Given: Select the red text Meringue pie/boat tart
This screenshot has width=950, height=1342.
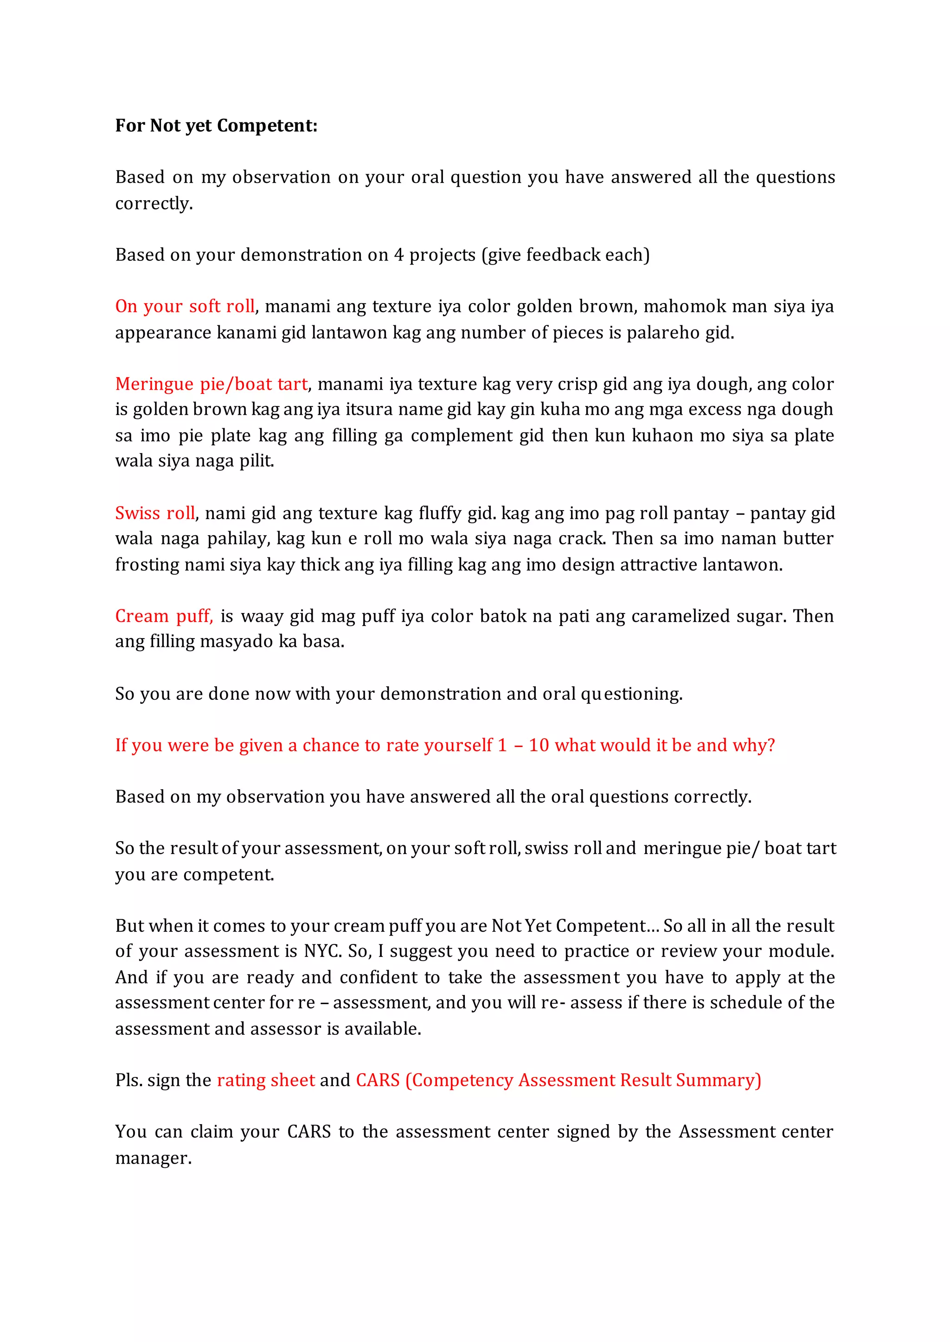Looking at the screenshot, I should click(x=211, y=384).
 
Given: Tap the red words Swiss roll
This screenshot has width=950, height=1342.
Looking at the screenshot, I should click(x=154, y=513).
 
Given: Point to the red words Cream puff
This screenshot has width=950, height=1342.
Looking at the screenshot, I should click(x=163, y=616).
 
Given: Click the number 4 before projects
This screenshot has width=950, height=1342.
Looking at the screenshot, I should click(x=398, y=255).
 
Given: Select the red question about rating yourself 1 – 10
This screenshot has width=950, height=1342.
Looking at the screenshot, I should click(x=444, y=745).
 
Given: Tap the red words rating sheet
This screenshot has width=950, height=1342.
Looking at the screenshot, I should click(x=266, y=1080).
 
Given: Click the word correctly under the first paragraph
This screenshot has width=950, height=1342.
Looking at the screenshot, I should click(x=153, y=203).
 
